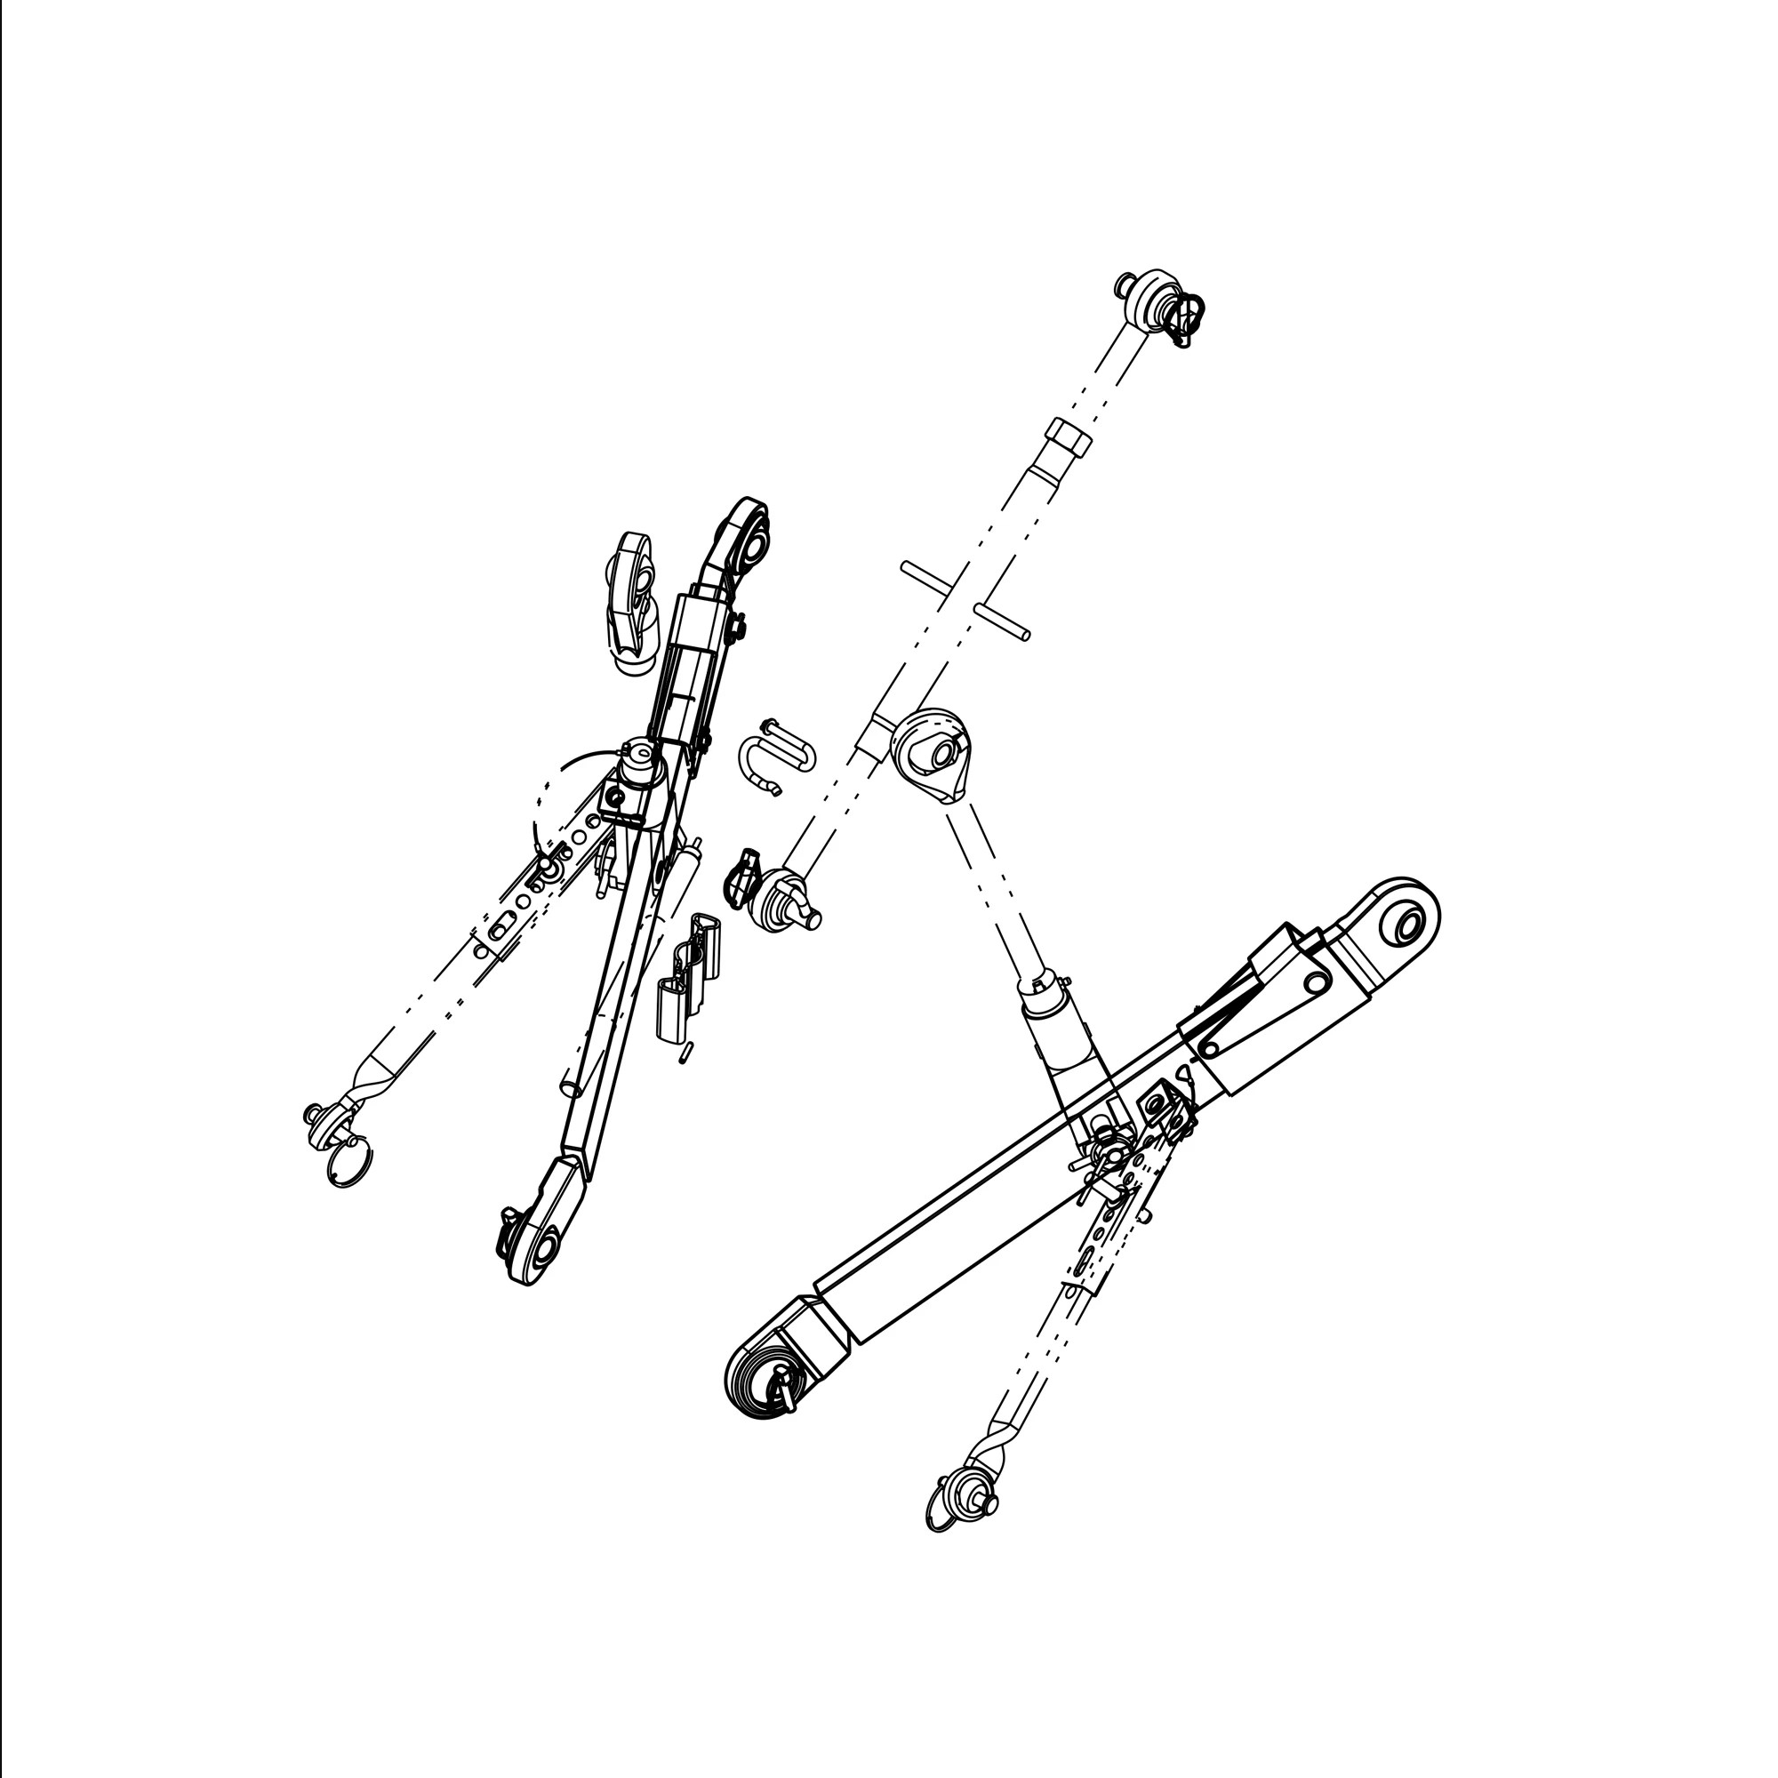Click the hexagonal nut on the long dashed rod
click(1069, 438)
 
